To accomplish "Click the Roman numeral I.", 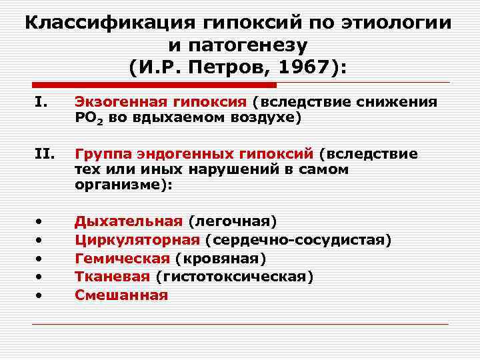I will pos(41,103).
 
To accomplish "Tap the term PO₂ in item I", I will pos(87,118).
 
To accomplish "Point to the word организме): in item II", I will pos(123,185).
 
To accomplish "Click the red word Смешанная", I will pos(121,294).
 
